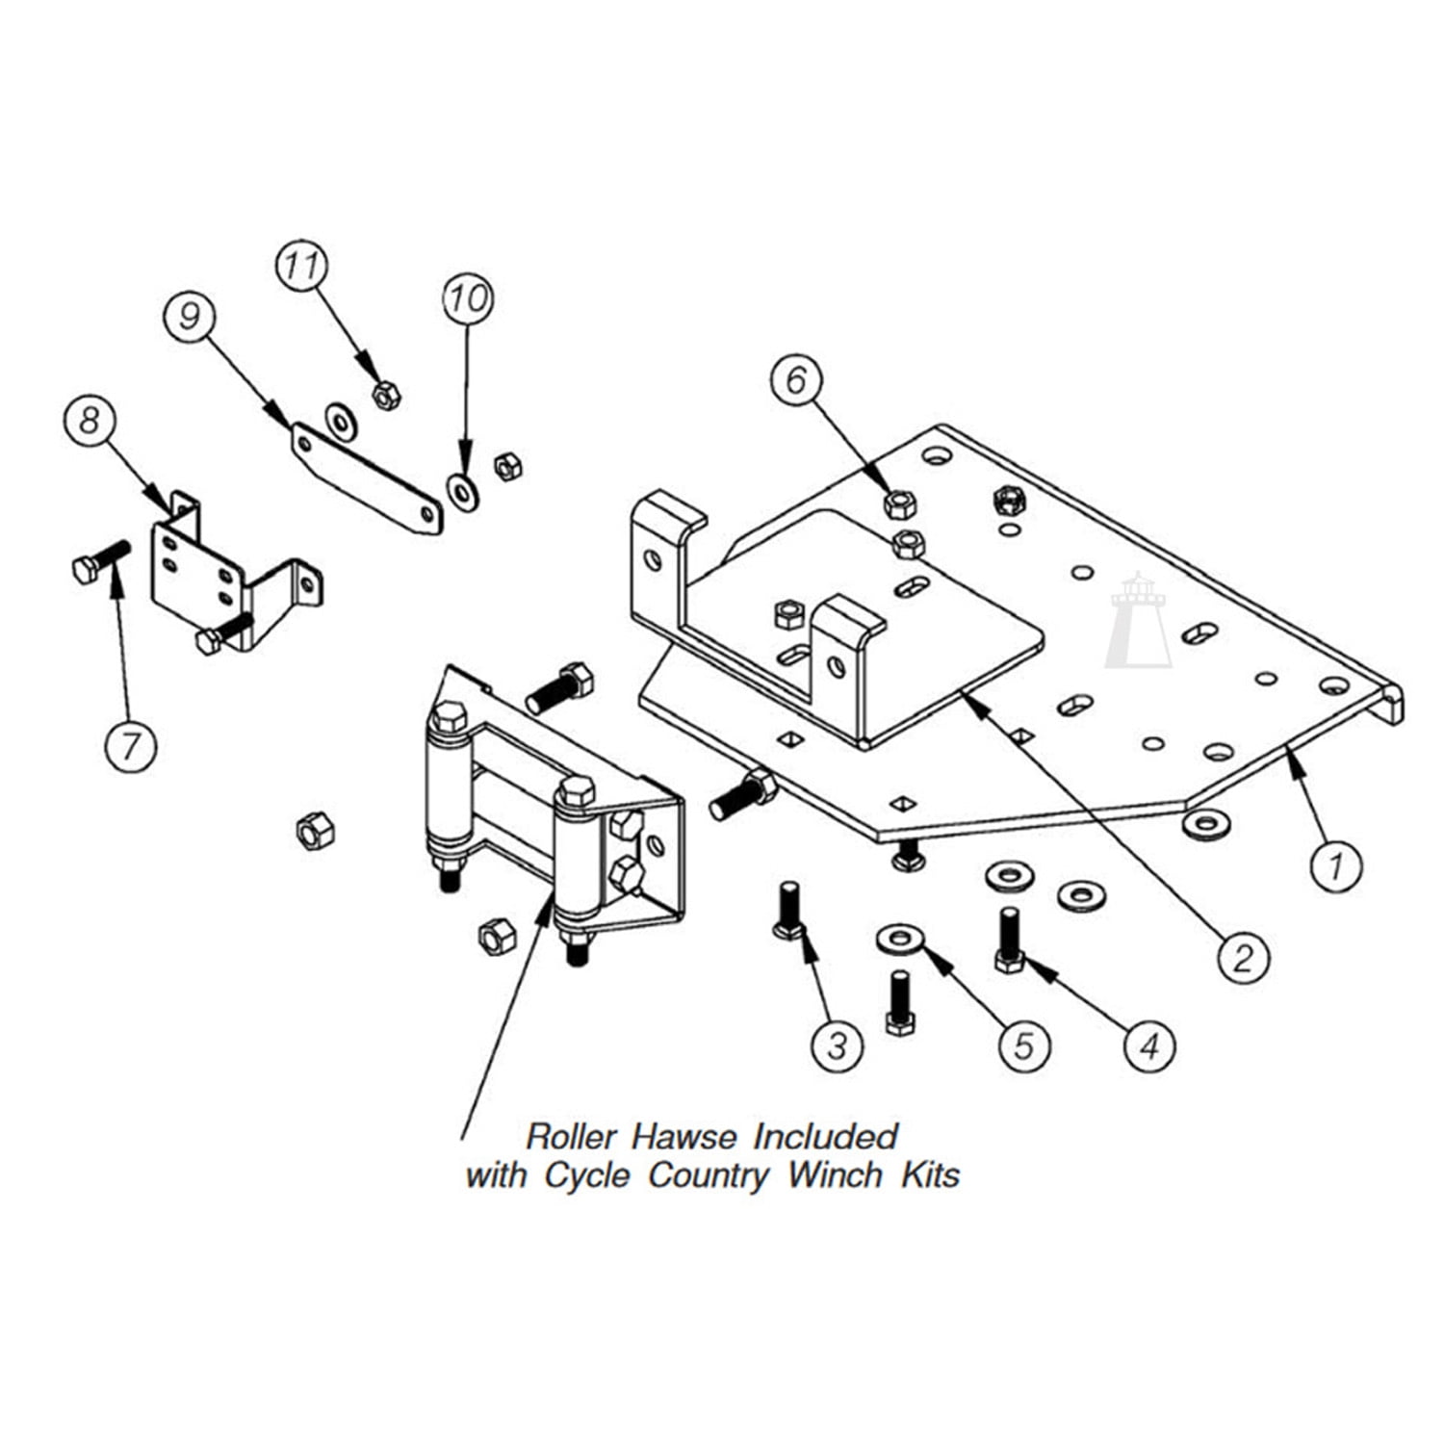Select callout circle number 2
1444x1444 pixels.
click(x=1244, y=957)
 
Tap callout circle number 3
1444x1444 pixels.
click(x=837, y=1044)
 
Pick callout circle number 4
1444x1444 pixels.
click(x=1149, y=1045)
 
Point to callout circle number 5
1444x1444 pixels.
click(x=1023, y=1044)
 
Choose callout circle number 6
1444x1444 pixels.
click(x=796, y=380)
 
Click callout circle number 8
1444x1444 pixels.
click(x=90, y=420)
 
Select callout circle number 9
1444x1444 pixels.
click(x=189, y=315)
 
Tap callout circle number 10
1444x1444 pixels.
click(x=468, y=298)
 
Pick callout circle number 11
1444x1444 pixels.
click(x=302, y=267)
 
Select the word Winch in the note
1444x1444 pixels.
click(x=835, y=1175)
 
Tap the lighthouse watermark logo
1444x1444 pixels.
click(x=1139, y=621)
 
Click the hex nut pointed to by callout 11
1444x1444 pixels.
click(x=386, y=394)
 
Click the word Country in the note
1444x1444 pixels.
click(x=709, y=1175)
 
